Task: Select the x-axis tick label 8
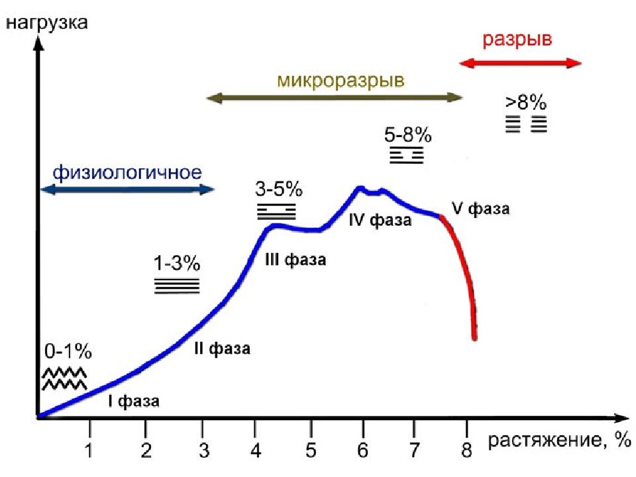point(467,450)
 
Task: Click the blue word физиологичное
point(127,173)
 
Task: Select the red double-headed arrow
point(521,63)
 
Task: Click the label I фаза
point(134,401)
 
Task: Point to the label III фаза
point(295,260)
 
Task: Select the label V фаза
point(480,209)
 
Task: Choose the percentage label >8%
point(526,102)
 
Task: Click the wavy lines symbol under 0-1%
point(64,379)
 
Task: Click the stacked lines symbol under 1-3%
point(176,286)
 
